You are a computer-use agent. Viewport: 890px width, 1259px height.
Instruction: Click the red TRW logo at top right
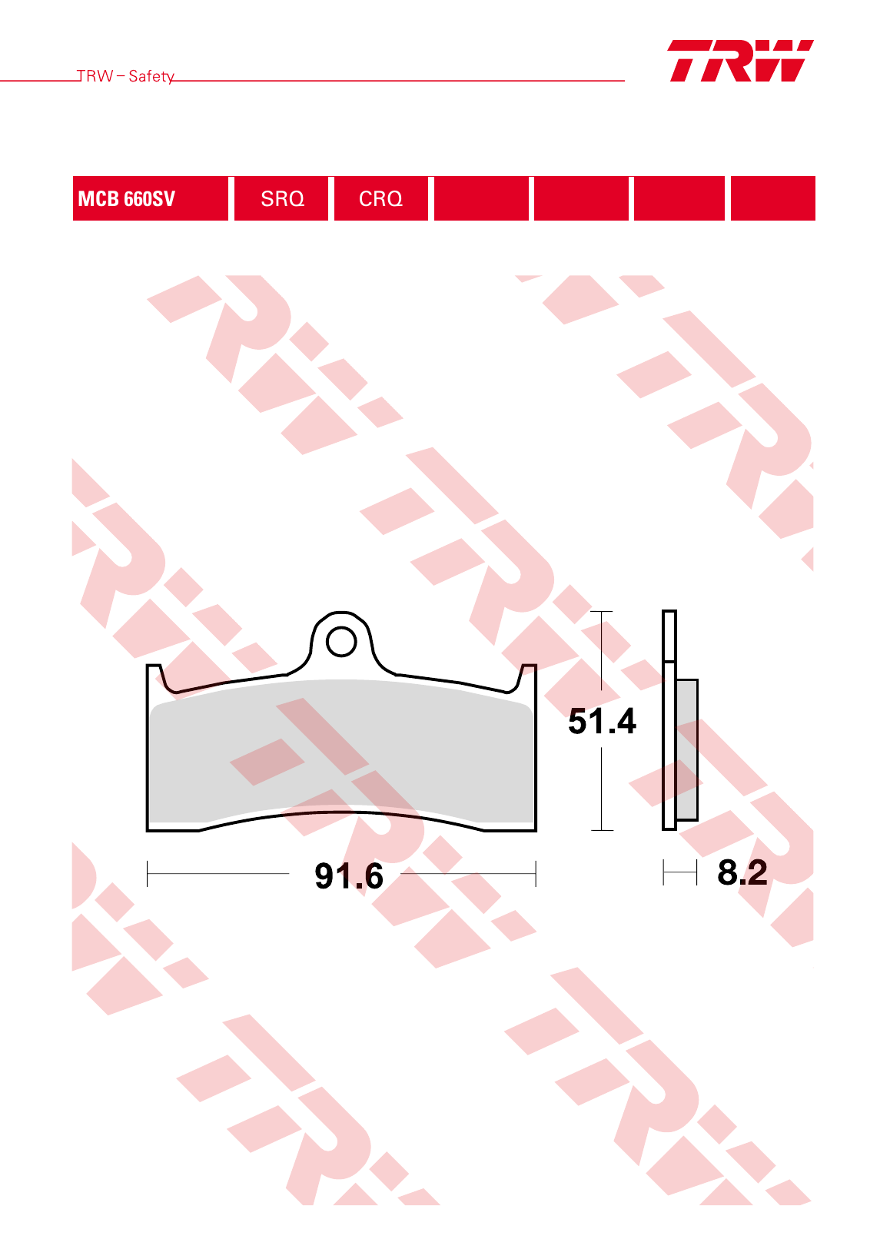(740, 61)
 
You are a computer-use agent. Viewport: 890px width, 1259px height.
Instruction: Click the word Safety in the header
(151, 76)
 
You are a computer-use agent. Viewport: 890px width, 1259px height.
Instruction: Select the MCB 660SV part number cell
(150, 198)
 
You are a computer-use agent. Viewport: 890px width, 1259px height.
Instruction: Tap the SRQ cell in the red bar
(281, 198)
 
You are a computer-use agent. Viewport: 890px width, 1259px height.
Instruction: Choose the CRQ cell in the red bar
(381, 198)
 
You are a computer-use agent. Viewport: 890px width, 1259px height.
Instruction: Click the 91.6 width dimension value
(349, 875)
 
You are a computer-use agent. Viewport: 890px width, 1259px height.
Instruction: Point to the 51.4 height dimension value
(602, 721)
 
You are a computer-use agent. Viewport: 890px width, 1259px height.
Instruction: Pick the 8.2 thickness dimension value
(742, 872)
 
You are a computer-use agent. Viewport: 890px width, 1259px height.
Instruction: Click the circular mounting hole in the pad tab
(341, 641)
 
